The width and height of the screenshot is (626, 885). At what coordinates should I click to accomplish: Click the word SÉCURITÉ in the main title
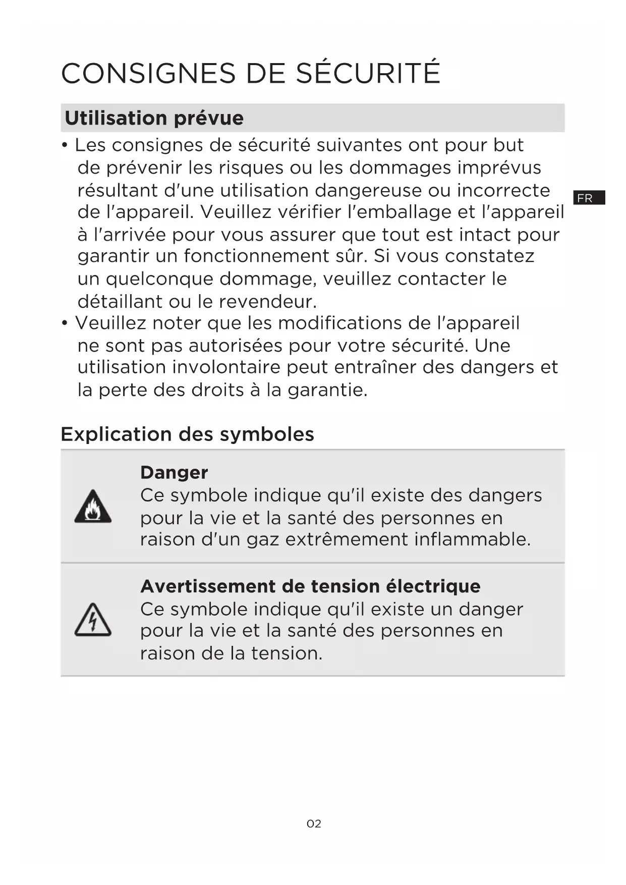tap(368, 73)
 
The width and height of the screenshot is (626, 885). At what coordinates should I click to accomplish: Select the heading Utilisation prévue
tap(154, 118)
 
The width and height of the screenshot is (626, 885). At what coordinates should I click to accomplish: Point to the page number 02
tap(314, 823)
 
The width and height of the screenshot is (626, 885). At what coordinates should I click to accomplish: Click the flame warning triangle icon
tap(93, 507)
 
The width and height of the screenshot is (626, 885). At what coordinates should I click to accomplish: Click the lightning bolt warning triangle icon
tap(93, 620)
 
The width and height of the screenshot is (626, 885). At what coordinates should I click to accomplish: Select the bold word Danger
tap(174, 472)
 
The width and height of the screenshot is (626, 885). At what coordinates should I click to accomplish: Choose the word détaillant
tap(120, 302)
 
